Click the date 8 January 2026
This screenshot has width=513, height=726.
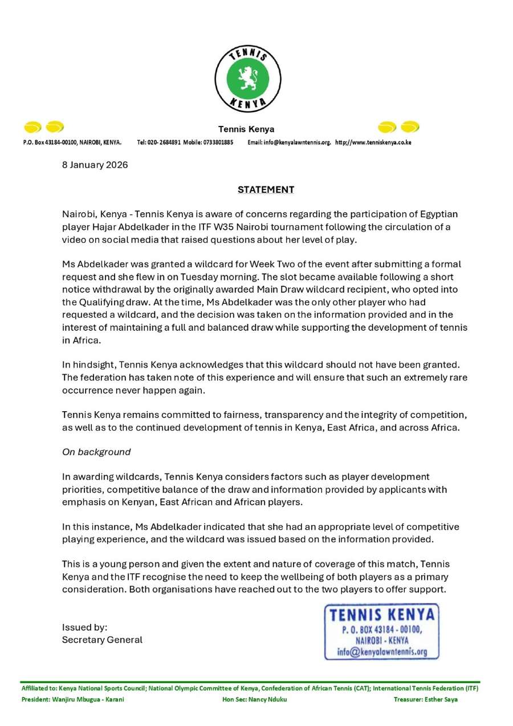click(95, 165)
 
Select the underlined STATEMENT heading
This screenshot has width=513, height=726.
click(266, 189)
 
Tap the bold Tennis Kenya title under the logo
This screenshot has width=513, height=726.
click(246, 129)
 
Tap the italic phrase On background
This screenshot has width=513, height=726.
click(96, 452)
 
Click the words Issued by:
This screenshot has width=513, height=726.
click(84, 627)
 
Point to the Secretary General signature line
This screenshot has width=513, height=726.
click(102, 640)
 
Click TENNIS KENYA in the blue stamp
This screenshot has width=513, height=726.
click(382, 615)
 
